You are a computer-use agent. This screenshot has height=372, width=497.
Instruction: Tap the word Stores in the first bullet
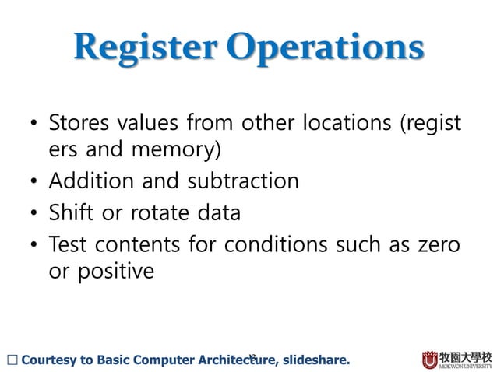[x=79, y=124]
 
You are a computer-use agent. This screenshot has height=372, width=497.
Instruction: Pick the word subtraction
[x=242, y=181]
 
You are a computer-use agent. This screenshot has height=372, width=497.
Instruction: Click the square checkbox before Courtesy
[x=9, y=360]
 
